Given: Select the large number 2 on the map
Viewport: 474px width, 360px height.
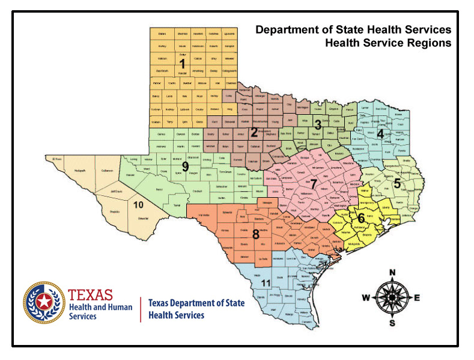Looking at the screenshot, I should (x=254, y=132).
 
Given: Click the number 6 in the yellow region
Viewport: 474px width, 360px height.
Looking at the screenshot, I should (x=361, y=217).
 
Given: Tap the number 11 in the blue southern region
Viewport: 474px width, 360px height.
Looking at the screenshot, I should (x=266, y=283).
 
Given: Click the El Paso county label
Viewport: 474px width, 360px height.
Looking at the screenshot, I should (x=57, y=159).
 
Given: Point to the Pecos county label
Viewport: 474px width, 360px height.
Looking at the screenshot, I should (x=159, y=189).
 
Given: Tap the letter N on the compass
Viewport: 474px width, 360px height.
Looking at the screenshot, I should (x=392, y=272).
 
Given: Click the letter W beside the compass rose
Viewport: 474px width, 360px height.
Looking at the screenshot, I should (x=365, y=297).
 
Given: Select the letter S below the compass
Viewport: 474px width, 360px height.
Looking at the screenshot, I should (x=392, y=323).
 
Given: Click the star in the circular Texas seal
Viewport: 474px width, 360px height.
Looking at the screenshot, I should (x=43, y=302).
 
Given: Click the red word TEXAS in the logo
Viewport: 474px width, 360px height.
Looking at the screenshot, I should (x=90, y=294).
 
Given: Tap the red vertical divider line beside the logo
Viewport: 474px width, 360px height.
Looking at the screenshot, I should (x=141, y=309).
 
